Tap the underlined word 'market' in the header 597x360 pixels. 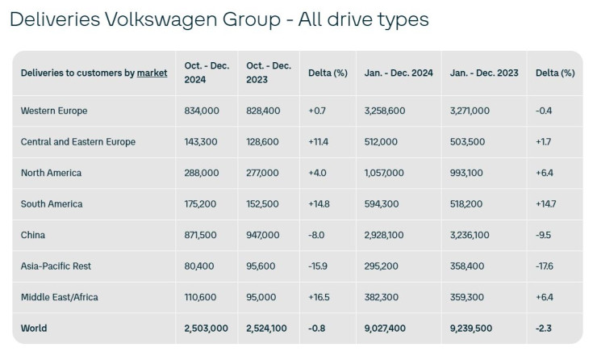pos(152,73)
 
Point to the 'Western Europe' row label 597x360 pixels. pos(54,111)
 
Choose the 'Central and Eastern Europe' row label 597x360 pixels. pos(78,141)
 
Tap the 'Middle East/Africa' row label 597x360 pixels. pos(60,297)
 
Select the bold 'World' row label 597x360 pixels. pos(34,328)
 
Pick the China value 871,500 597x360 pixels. pos(202,235)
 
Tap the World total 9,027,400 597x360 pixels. pos(387,328)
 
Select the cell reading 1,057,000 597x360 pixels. pos(387,173)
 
